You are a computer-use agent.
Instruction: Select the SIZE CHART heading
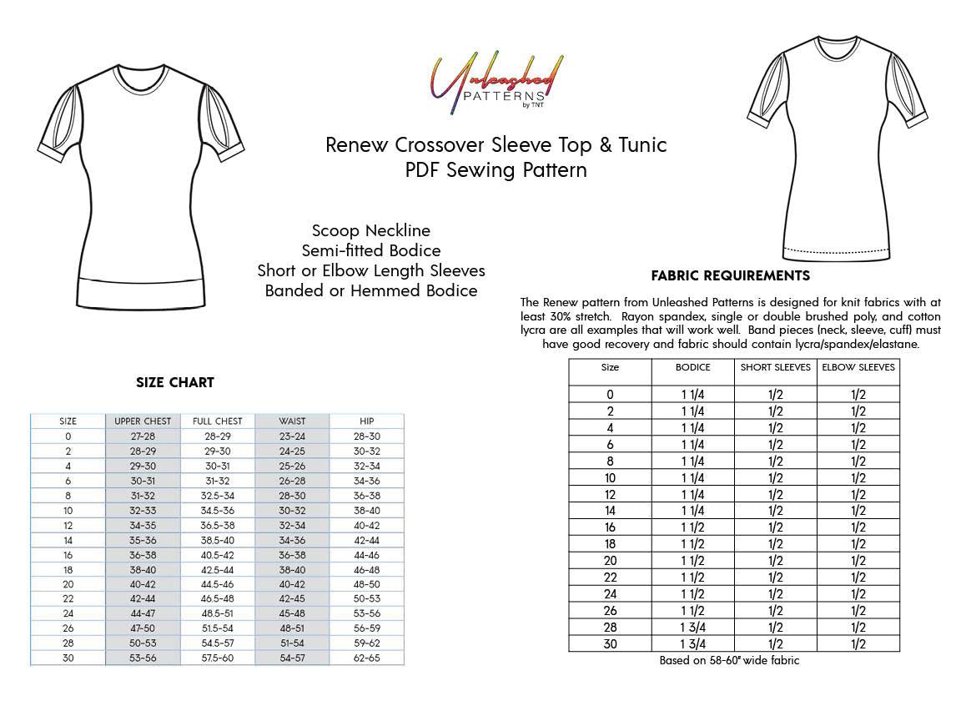point(175,383)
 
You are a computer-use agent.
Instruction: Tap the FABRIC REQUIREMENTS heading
point(730,275)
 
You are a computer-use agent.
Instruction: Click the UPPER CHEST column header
point(143,421)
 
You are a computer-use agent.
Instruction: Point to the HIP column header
point(366,421)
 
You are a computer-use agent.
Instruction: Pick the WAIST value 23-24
point(292,436)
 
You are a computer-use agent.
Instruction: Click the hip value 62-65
point(366,658)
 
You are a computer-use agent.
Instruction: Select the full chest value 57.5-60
point(217,658)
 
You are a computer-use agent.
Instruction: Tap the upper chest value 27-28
point(143,436)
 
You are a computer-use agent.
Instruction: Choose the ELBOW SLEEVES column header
point(858,367)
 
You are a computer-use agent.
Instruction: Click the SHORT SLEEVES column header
point(776,367)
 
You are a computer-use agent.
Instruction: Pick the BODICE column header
point(693,367)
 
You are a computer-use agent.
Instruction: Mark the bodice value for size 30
point(693,643)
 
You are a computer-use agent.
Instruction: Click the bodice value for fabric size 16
point(693,527)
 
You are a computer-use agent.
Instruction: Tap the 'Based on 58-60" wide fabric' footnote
point(729,661)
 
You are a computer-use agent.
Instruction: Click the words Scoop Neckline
point(371,230)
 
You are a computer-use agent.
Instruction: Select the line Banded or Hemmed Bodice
point(371,290)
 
